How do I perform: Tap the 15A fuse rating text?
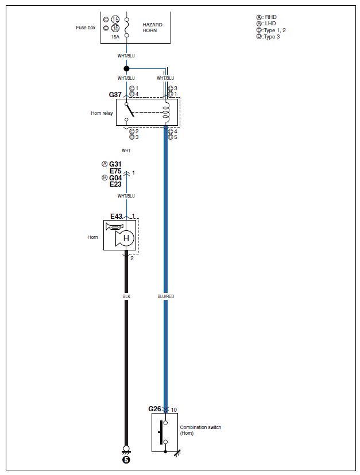[115, 36]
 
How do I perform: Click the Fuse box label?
[86, 28]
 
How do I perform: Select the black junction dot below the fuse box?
[126, 68]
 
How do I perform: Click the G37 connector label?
[116, 93]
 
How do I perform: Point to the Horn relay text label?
[102, 113]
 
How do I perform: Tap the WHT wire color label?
[126, 150]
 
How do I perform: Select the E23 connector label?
[115, 184]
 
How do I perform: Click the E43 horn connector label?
[117, 217]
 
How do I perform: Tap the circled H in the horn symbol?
[126, 238]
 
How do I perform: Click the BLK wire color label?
[126, 296]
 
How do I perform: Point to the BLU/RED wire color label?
[165, 296]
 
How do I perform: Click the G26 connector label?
[155, 409]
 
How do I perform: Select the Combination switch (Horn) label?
[200, 430]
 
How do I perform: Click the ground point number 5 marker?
[126, 459]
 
